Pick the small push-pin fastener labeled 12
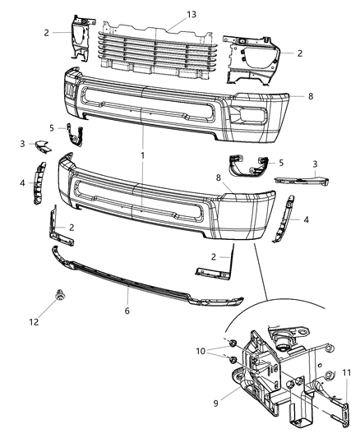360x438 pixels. coord(61,293)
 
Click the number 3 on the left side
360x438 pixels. coord(22,144)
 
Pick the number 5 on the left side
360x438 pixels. coord(52,127)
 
